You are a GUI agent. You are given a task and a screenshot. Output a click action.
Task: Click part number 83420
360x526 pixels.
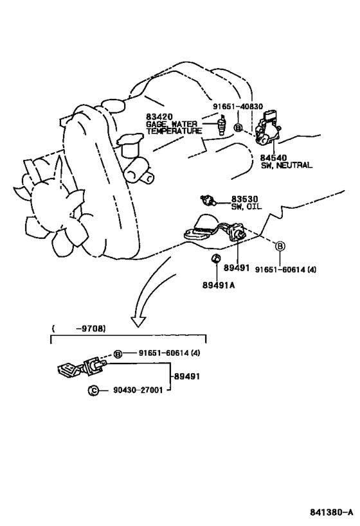[159, 117]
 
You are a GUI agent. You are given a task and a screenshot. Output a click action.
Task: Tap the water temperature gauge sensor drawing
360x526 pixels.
[221, 125]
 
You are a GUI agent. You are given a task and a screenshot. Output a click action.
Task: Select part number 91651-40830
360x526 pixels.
[238, 107]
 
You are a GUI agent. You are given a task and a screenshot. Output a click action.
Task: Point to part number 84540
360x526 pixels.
[274, 157]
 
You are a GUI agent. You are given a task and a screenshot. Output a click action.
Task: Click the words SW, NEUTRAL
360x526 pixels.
[287, 166]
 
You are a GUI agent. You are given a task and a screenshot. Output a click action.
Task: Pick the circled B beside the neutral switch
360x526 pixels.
[238, 128]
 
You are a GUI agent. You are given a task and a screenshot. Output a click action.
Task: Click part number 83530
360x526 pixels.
[244, 199]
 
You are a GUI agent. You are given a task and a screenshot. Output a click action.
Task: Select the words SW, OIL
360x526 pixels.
[246, 207]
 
